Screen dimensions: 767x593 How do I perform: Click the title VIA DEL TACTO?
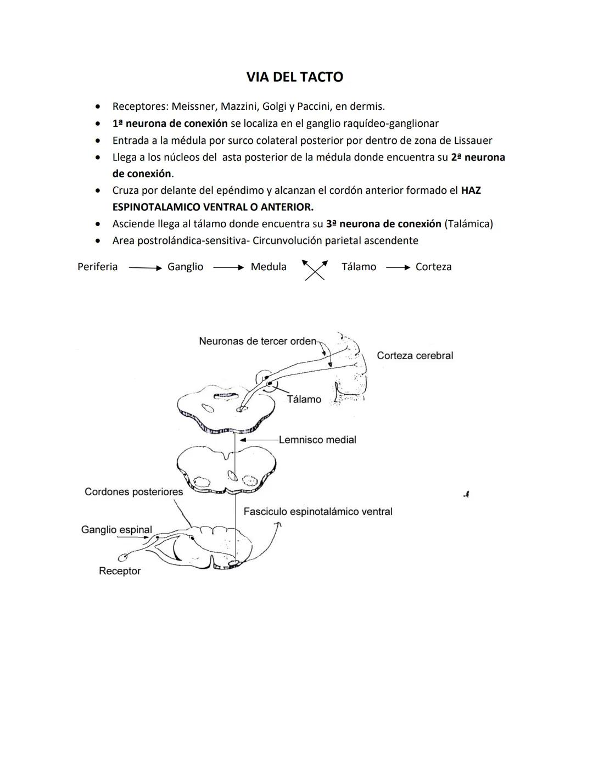(x=294, y=77)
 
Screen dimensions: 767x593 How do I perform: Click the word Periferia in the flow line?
(x=98, y=267)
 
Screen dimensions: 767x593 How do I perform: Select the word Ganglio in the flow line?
(x=185, y=267)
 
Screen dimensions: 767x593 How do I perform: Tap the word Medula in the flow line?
(x=268, y=267)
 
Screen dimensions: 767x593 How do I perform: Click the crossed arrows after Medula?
(x=315, y=269)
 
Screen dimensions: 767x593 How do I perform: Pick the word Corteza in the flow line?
(x=433, y=267)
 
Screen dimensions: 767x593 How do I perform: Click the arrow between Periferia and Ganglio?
(x=145, y=268)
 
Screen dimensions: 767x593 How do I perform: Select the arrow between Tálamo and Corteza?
(x=398, y=268)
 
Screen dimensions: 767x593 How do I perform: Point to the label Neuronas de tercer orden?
(x=258, y=341)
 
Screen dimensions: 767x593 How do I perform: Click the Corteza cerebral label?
(x=415, y=356)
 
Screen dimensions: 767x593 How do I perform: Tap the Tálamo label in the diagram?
(x=304, y=400)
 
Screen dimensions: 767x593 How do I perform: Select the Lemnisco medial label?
(x=317, y=440)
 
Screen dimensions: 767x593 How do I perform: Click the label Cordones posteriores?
(x=133, y=491)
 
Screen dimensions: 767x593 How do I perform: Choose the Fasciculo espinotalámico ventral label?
(x=317, y=512)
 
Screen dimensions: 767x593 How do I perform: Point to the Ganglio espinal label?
(x=116, y=530)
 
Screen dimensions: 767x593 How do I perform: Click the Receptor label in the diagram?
(x=120, y=571)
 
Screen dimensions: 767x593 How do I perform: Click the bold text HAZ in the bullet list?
(x=471, y=191)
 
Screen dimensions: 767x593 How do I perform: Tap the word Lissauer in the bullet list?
(x=470, y=141)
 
